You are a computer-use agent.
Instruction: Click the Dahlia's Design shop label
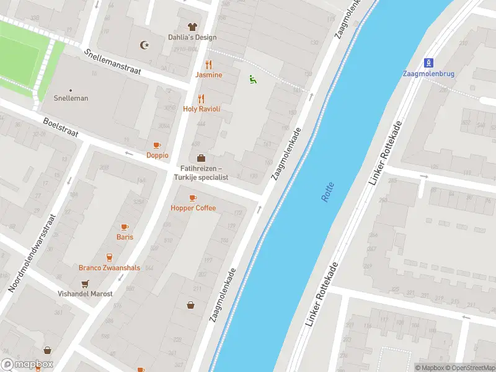192,37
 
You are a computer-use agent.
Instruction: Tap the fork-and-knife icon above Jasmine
209,64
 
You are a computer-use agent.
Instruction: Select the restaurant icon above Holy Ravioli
201,99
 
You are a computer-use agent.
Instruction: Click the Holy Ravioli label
201,109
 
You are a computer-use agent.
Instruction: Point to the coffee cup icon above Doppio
157,145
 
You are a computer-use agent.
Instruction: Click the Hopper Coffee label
193,208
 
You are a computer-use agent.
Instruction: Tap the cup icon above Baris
125,227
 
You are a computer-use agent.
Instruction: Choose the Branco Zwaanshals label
109,268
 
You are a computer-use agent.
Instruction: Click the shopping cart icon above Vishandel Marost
85,283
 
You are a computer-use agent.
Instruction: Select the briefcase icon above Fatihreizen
201,158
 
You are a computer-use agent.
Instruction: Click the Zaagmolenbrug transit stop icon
428,63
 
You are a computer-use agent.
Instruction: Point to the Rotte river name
327,191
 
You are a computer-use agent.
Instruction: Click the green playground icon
252,79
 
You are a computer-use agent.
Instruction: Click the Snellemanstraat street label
113,62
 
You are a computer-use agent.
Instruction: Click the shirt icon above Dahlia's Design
192,27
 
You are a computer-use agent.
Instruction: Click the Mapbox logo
27,365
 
